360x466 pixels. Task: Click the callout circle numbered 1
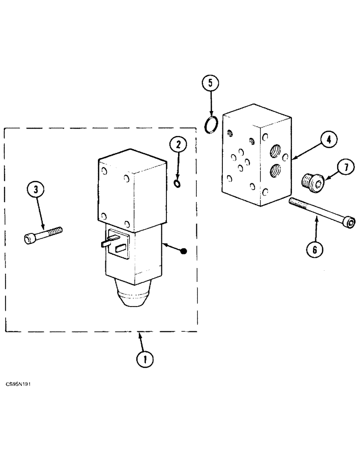pos(145,359)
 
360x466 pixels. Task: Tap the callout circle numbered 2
pos(177,145)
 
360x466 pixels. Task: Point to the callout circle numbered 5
pos(210,84)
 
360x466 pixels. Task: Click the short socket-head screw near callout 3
pos(42,234)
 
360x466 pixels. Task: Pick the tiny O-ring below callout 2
pos(177,184)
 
